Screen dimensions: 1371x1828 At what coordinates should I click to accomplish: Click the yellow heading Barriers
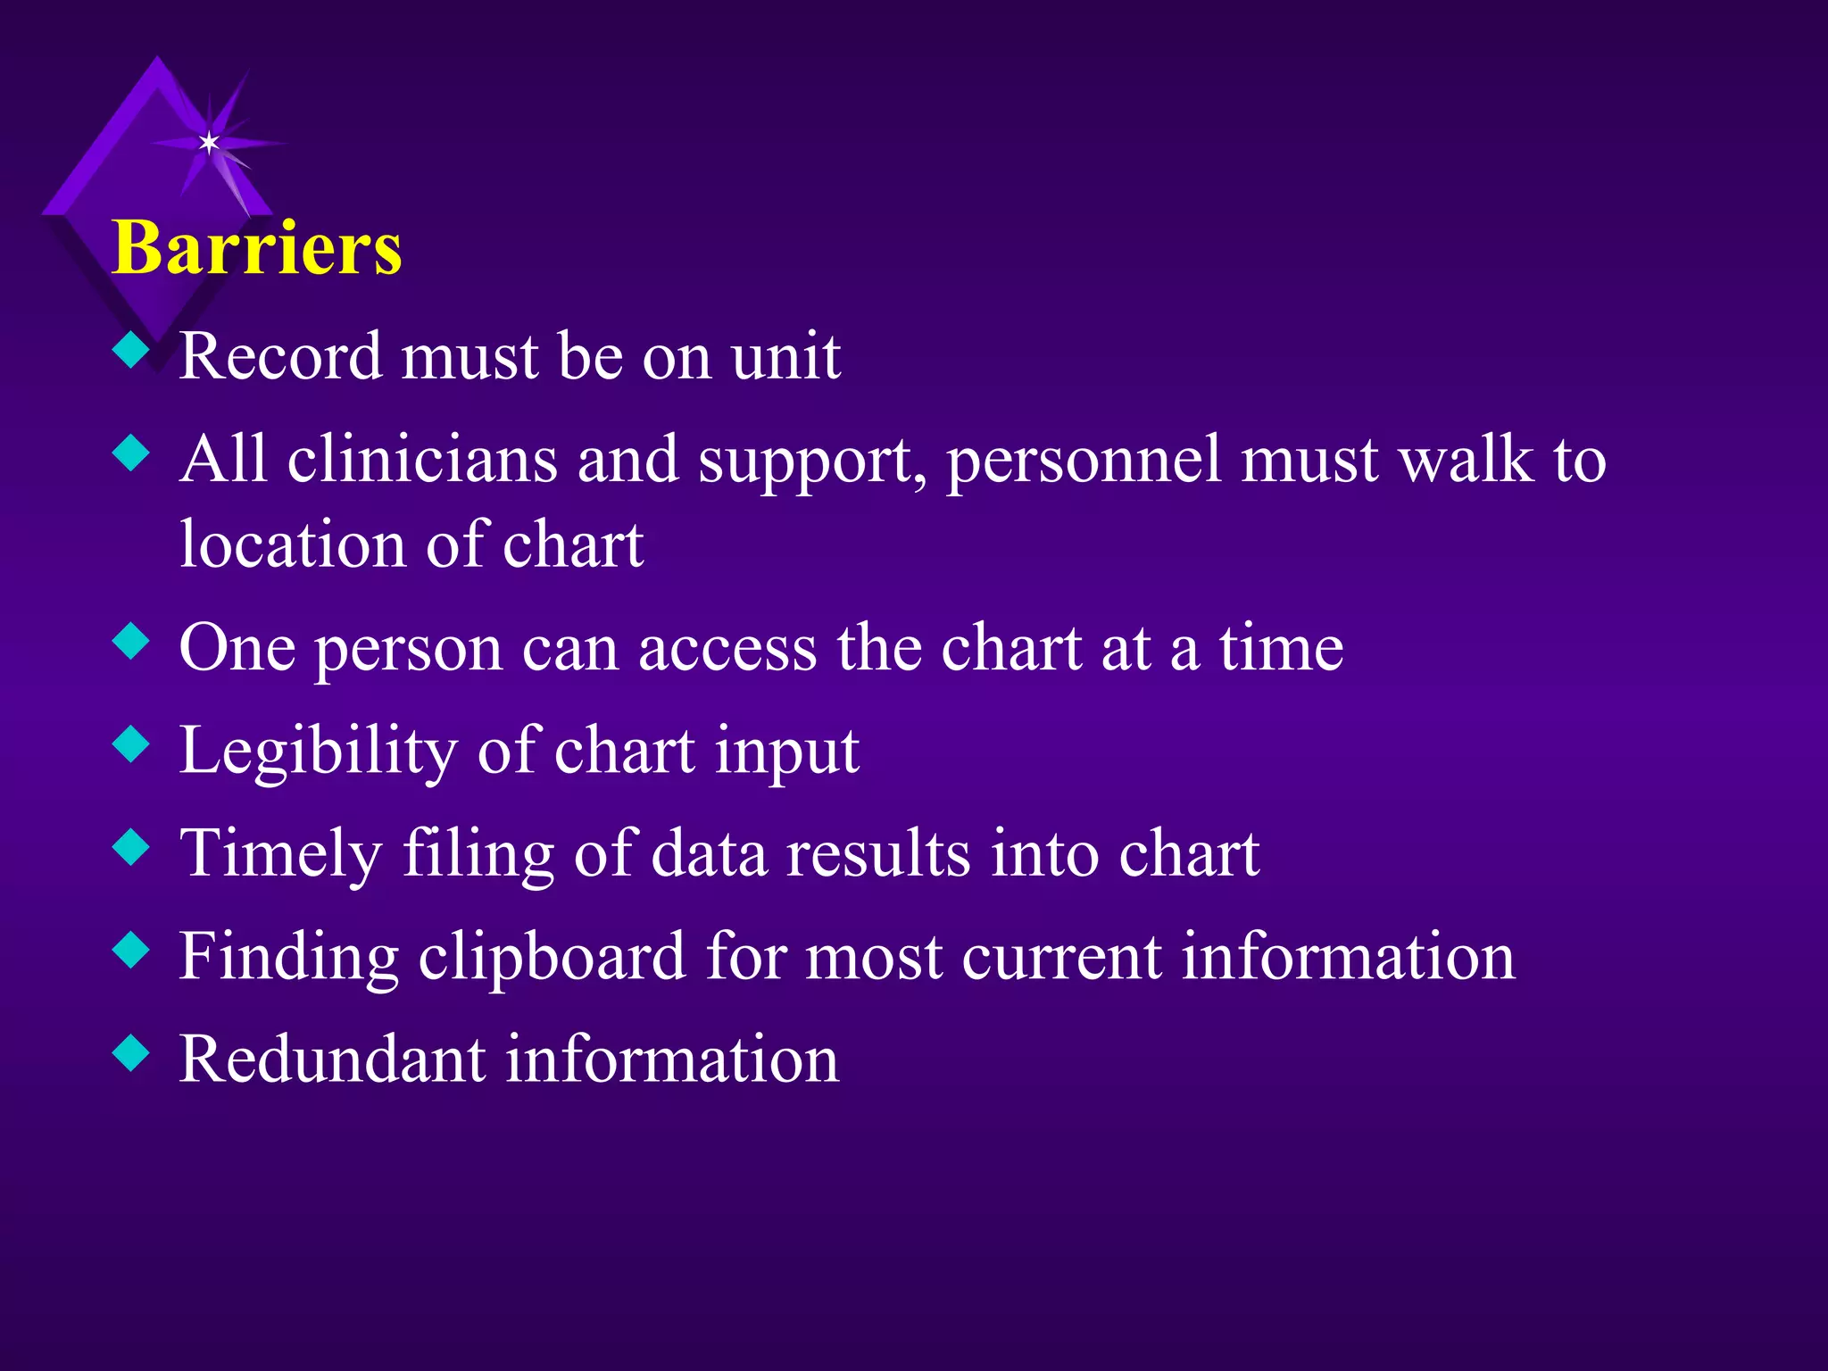click(257, 247)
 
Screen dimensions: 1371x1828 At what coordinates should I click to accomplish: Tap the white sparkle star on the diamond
click(209, 143)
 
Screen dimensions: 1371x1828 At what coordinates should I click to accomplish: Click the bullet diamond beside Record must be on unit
click(131, 350)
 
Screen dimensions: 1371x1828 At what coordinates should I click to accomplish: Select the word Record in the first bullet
click(280, 356)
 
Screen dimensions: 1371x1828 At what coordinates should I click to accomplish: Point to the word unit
click(785, 356)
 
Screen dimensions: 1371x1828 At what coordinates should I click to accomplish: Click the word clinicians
click(422, 460)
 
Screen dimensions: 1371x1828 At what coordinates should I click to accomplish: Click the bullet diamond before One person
click(131, 641)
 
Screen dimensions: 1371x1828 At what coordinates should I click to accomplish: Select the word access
click(727, 649)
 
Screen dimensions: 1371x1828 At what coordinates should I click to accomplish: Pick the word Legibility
click(318, 752)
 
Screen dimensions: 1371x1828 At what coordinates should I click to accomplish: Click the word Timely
click(280, 854)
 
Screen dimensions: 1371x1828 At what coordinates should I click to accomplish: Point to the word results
click(877, 853)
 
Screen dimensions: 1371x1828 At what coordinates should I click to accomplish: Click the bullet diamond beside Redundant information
click(131, 1052)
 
